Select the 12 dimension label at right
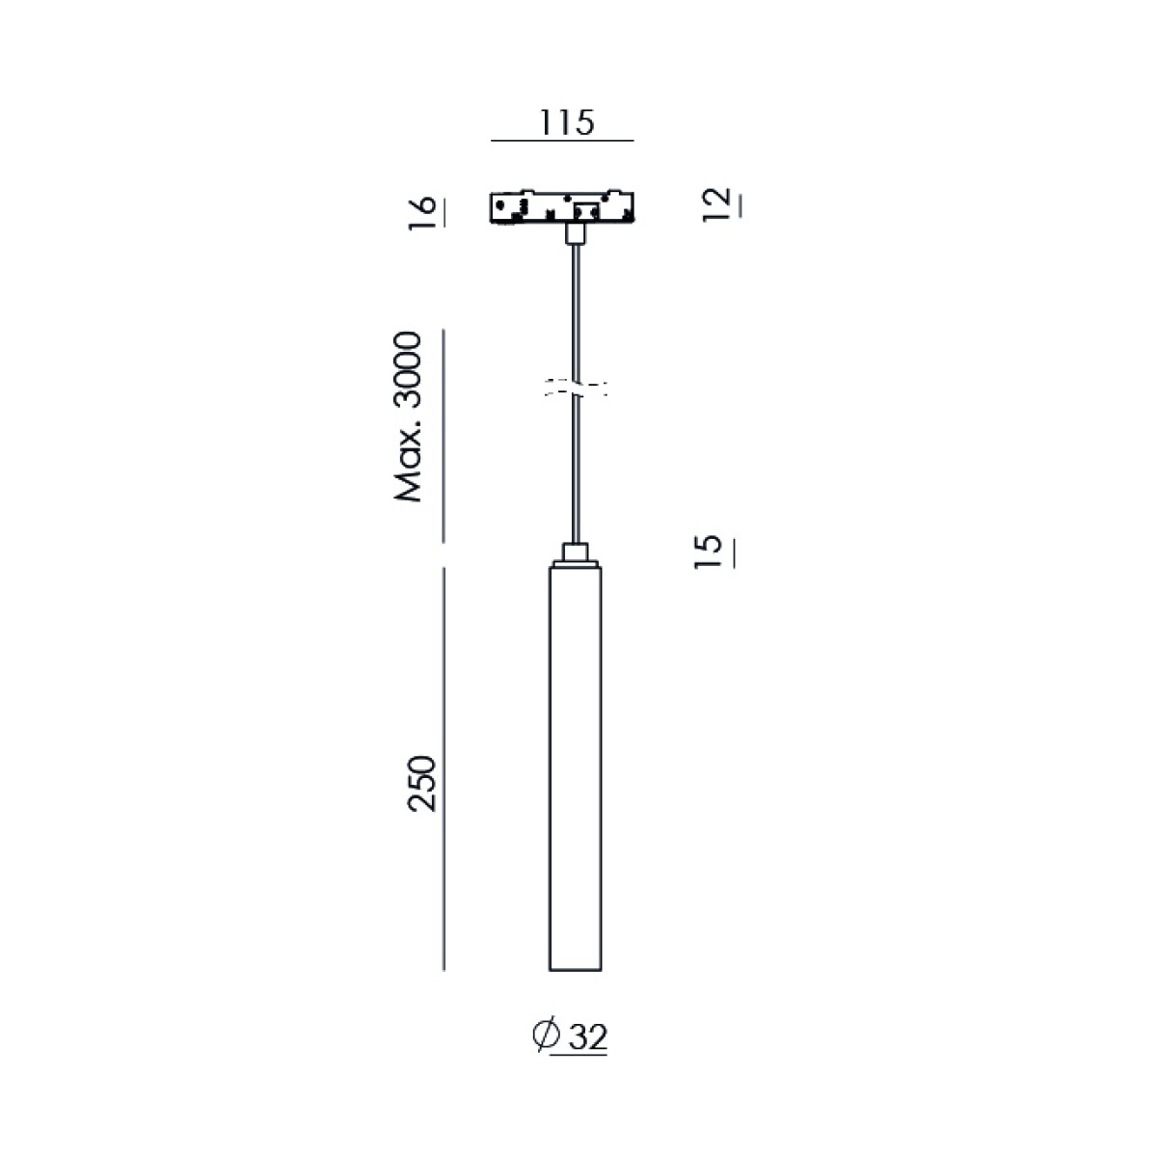coord(716,204)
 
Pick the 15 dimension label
coord(708,552)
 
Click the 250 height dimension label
coord(421,784)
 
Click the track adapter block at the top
coord(562,207)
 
